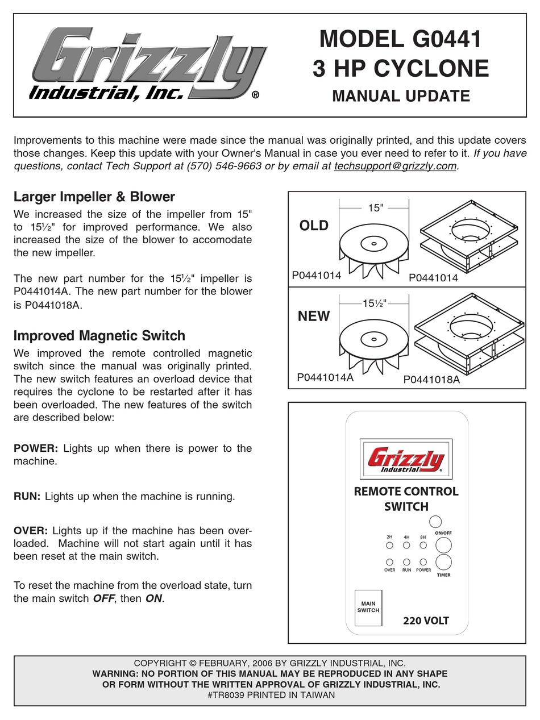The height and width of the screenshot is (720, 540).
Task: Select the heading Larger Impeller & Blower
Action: [94, 197]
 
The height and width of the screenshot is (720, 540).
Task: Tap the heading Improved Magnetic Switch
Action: [99, 335]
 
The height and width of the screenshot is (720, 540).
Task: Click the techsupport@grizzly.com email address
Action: [396, 166]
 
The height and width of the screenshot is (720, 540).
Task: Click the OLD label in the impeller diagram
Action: [314, 226]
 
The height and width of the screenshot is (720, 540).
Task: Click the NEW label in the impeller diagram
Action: [314, 316]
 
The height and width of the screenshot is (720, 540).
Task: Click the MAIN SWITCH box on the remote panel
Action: [368, 607]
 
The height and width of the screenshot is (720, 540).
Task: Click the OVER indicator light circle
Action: [389, 561]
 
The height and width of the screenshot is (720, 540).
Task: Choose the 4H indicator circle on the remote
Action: [406, 545]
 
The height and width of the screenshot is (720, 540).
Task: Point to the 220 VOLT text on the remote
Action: [426, 621]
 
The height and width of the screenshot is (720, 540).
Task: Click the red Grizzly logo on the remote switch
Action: [406, 459]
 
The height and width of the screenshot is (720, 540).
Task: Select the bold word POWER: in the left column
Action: [36, 448]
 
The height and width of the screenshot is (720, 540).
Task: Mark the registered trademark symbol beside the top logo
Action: [255, 95]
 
